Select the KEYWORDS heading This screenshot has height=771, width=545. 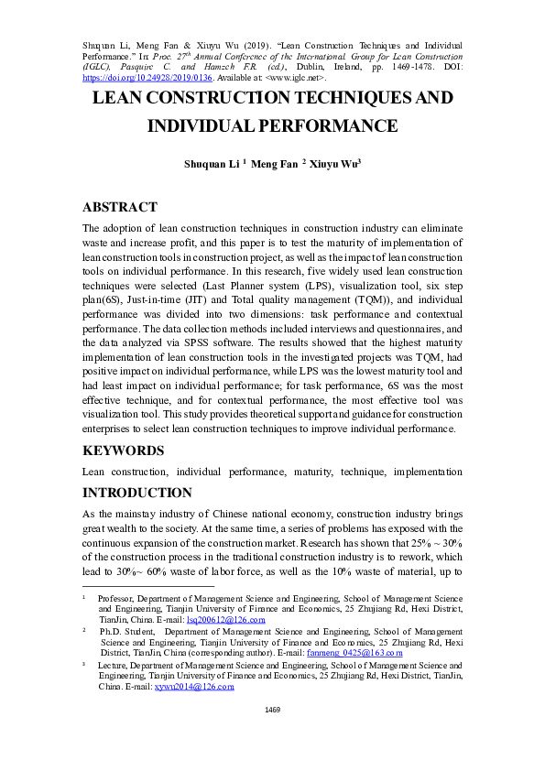tap(124, 451)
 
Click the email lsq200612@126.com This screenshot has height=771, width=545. tap(226, 620)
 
